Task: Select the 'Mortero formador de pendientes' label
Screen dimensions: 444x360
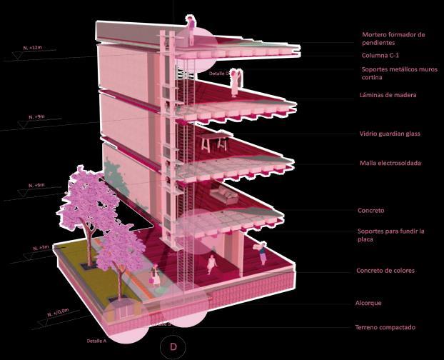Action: (x=393, y=39)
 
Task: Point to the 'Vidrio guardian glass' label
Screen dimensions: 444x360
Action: (x=390, y=134)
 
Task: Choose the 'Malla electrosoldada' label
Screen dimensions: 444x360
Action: (x=390, y=164)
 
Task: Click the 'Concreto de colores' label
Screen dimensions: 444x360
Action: (x=385, y=271)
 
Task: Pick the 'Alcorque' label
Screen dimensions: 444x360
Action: (x=369, y=303)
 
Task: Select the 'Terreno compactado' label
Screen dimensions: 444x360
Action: (x=385, y=327)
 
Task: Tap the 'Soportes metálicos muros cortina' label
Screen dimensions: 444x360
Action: (x=393, y=74)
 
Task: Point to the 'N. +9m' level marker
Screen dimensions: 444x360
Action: (x=36, y=116)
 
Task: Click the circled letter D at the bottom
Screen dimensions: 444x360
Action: (x=172, y=347)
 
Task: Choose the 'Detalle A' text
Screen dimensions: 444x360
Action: (x=96, y=340)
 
